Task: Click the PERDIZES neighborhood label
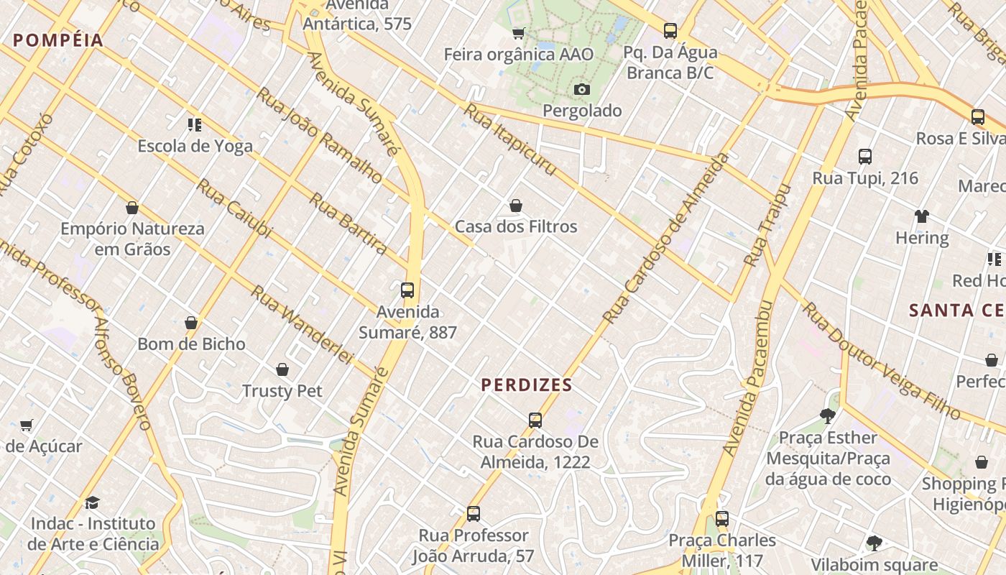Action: (527, 385)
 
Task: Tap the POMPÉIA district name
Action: (59, 40)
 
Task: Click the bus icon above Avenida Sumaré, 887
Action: (407, 290)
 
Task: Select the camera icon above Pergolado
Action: (582, 89)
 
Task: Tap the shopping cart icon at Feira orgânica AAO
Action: (518, 33)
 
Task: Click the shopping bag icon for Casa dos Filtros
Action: (515, 206)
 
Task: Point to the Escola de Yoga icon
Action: (195, 125)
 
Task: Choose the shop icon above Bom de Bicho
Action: (191, 323)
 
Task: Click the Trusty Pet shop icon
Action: (282, 369)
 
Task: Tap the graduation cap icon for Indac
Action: (92, 502)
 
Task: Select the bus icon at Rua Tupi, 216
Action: (865, 157)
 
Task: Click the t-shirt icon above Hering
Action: (922, 216)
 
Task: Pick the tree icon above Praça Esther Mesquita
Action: (828, 415)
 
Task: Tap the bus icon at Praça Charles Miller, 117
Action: (722, 519)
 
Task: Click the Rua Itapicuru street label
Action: (510, 139)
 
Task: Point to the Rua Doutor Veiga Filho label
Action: (880, 361)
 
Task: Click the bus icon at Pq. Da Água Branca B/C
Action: (670, 31)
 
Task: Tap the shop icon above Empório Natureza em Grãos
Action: (132, 208)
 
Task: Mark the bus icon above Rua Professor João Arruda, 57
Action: (473, 514)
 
